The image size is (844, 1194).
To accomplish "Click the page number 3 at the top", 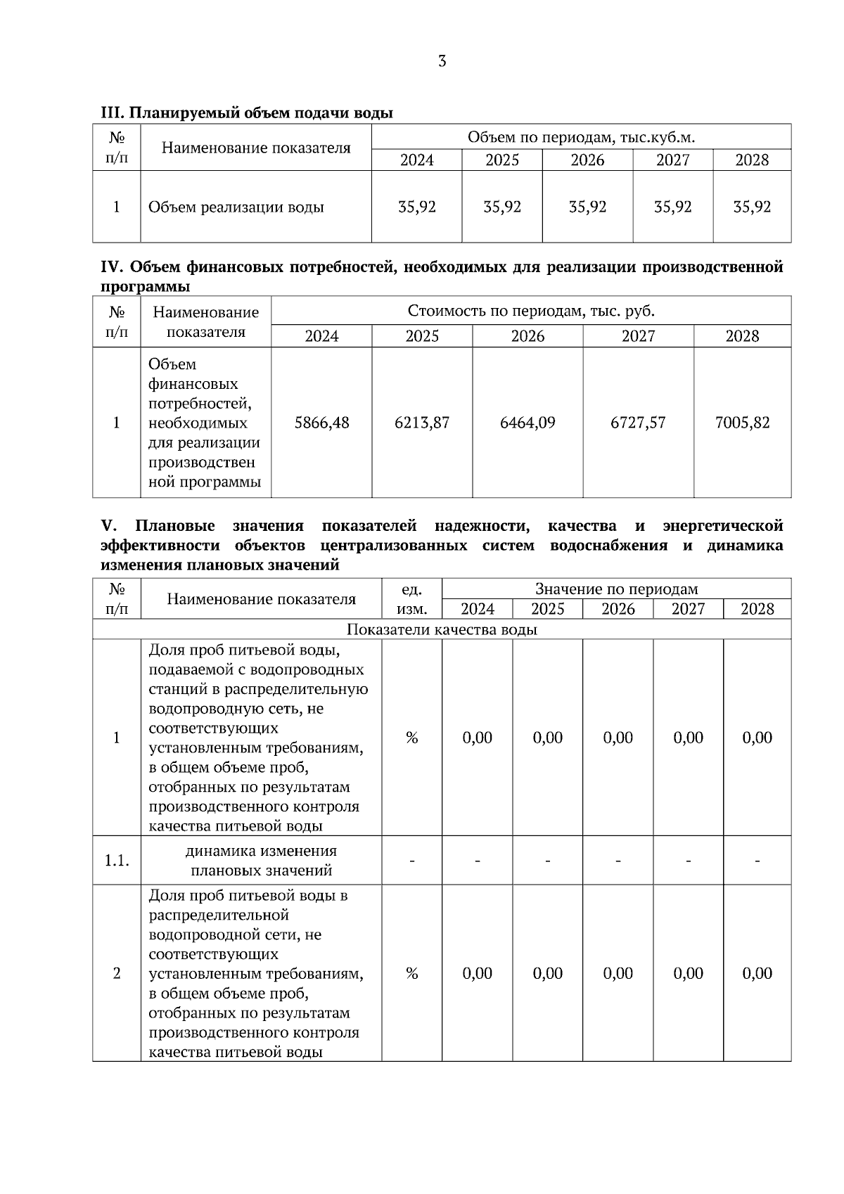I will (442, 62).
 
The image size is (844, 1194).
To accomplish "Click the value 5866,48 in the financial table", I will (321, 423).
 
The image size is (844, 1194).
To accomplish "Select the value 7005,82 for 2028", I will (742, 423).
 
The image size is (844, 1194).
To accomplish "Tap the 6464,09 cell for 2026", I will (527, 423).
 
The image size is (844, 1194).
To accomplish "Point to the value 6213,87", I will (422, 423).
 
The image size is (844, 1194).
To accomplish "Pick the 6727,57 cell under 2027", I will (638, 423).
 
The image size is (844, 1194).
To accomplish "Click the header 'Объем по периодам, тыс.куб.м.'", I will (581, 137).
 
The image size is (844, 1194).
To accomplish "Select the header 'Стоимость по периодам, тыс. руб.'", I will (531, 311).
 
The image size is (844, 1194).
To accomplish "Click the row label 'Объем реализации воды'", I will (236, 207).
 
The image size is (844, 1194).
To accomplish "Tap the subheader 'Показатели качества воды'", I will (442, 629).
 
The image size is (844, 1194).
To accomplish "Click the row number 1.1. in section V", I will (117, 860).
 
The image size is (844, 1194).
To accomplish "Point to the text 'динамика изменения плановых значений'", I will (261, 860).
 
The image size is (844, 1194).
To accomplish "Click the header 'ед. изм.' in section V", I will (411, 599).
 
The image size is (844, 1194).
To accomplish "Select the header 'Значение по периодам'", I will (616, 589).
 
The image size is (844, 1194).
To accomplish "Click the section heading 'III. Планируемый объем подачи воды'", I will (247, 113).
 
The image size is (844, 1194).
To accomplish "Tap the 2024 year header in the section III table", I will (416, 160).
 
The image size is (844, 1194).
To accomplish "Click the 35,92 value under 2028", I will (752, 207).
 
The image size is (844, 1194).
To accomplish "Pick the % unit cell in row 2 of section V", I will (411, 973).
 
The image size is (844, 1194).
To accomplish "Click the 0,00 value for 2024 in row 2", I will (477, 973).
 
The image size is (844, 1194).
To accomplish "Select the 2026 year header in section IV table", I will (527, 336).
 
